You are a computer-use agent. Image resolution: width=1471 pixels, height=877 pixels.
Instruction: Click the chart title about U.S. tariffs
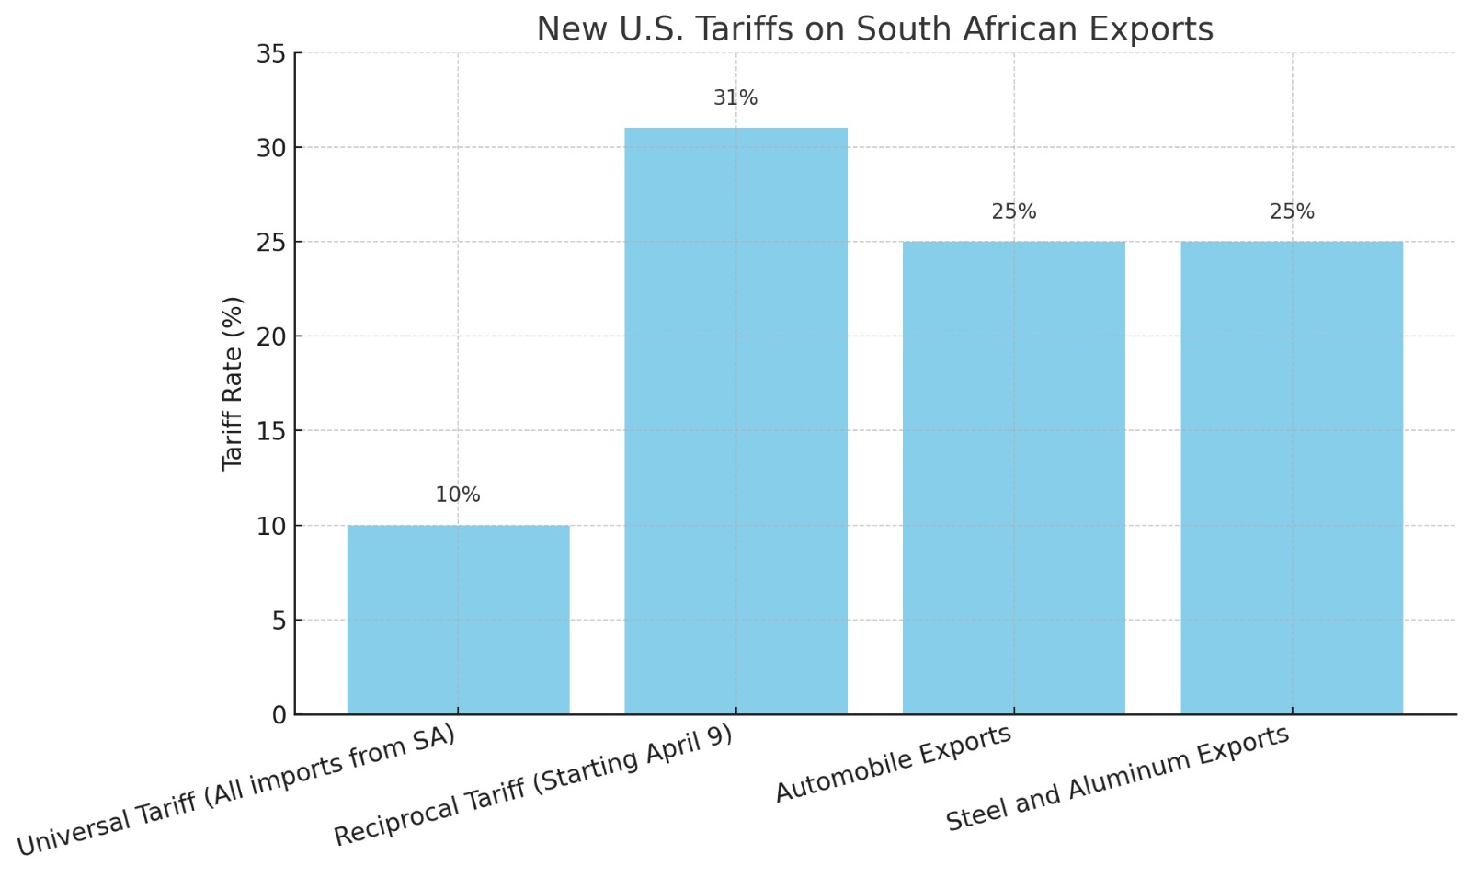point(874,29)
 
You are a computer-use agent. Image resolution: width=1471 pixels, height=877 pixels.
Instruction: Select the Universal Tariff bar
point(458,620)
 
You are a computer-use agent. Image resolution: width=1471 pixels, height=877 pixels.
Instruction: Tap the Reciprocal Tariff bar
point(735,421)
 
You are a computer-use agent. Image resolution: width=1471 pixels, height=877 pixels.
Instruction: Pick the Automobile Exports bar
point(1013,478)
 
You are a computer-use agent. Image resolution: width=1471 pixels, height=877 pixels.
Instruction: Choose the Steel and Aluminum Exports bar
point(1292,478)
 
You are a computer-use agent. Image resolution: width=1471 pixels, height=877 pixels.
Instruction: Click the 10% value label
point(458,495)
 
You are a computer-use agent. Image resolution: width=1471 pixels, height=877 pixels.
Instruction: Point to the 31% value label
point(735,97)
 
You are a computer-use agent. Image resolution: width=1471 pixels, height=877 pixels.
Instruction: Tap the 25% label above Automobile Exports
point(1013,211)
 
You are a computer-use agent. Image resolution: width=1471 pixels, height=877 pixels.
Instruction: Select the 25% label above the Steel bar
point(1292,211)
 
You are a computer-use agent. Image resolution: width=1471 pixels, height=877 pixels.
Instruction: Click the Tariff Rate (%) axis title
point(233,383)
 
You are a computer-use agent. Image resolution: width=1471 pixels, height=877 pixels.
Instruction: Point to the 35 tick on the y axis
point(271,54)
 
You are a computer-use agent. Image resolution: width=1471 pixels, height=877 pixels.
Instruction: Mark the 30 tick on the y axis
point(271,148)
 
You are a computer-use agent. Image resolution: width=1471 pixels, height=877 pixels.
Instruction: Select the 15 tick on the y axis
point(271,431)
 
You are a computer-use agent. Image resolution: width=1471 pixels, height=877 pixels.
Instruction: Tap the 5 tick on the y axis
point(279,621)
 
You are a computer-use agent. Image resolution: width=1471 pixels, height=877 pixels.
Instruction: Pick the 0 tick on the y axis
point(279,715)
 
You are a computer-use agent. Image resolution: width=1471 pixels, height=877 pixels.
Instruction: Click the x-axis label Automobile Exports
point(893,764)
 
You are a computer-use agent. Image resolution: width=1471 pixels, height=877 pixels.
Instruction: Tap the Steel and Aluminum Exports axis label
point(1117,779)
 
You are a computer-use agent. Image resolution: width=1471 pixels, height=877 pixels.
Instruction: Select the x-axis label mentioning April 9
point(533,786)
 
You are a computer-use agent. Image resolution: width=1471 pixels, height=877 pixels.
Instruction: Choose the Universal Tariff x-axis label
point(236,792)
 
